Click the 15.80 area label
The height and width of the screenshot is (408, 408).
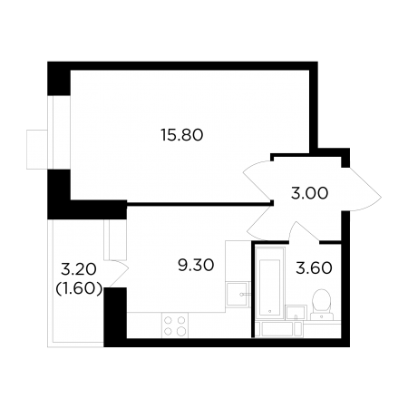point(182,135)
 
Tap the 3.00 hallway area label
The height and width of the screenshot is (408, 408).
point(309,193)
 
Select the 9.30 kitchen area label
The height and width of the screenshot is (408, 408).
point(196,266)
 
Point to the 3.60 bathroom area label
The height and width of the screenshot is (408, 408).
point(314,268)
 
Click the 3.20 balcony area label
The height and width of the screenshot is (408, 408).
point(79,269)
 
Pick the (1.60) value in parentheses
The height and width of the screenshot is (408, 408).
point(79,289)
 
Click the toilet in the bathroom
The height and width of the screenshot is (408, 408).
point(322,305)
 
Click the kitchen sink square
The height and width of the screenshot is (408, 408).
point(238,294)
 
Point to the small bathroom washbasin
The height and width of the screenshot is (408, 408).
point(296,313)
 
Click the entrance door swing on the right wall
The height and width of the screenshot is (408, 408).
point(361,189)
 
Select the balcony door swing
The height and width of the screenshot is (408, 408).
point(119,273)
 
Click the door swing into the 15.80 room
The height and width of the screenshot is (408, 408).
point(257,180)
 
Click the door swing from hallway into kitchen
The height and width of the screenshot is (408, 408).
point(260,223)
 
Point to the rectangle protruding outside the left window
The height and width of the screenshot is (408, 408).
point(37,150)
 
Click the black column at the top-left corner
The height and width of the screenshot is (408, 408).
point(59,79)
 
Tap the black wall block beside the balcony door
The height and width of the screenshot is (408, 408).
point(115,316)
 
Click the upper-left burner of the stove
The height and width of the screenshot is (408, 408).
point(169,320)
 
